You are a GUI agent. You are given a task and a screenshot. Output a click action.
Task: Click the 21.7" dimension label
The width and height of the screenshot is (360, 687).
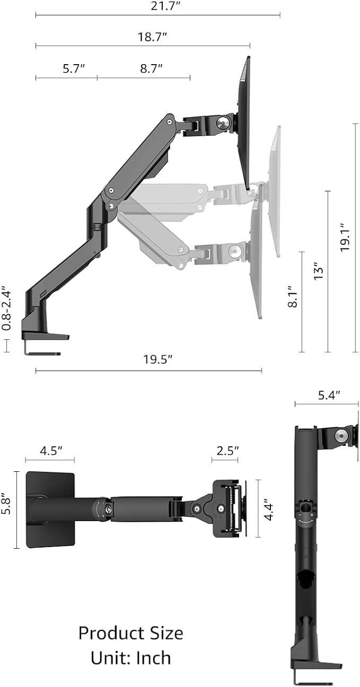click(x=158, y=6)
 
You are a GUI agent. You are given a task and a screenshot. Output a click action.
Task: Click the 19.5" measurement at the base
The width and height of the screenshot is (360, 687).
click(x=158, y=359)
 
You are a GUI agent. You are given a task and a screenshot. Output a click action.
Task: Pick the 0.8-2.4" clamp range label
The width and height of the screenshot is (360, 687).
click(x=6, y=309)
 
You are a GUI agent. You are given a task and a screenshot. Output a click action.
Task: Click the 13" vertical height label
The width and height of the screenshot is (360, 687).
click(x=319, y=271)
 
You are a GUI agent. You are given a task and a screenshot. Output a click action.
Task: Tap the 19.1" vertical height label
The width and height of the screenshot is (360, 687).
click(x=345, y=237)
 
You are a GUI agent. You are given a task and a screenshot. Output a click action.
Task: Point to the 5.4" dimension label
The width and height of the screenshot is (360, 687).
click(x=329, y=395)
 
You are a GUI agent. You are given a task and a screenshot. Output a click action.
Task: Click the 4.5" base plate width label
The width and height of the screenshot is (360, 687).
click(x=51, y=451)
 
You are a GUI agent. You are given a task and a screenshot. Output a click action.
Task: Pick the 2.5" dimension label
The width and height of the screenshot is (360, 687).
click(x=227, y=451)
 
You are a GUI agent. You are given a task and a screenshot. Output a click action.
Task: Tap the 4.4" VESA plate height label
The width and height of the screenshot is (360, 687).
click(x=269, y=509)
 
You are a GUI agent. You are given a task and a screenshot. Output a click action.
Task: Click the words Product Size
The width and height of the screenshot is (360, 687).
click(x=130, y=633)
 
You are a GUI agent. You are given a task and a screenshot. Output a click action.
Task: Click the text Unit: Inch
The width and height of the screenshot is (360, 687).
click(x=130, y=658)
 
